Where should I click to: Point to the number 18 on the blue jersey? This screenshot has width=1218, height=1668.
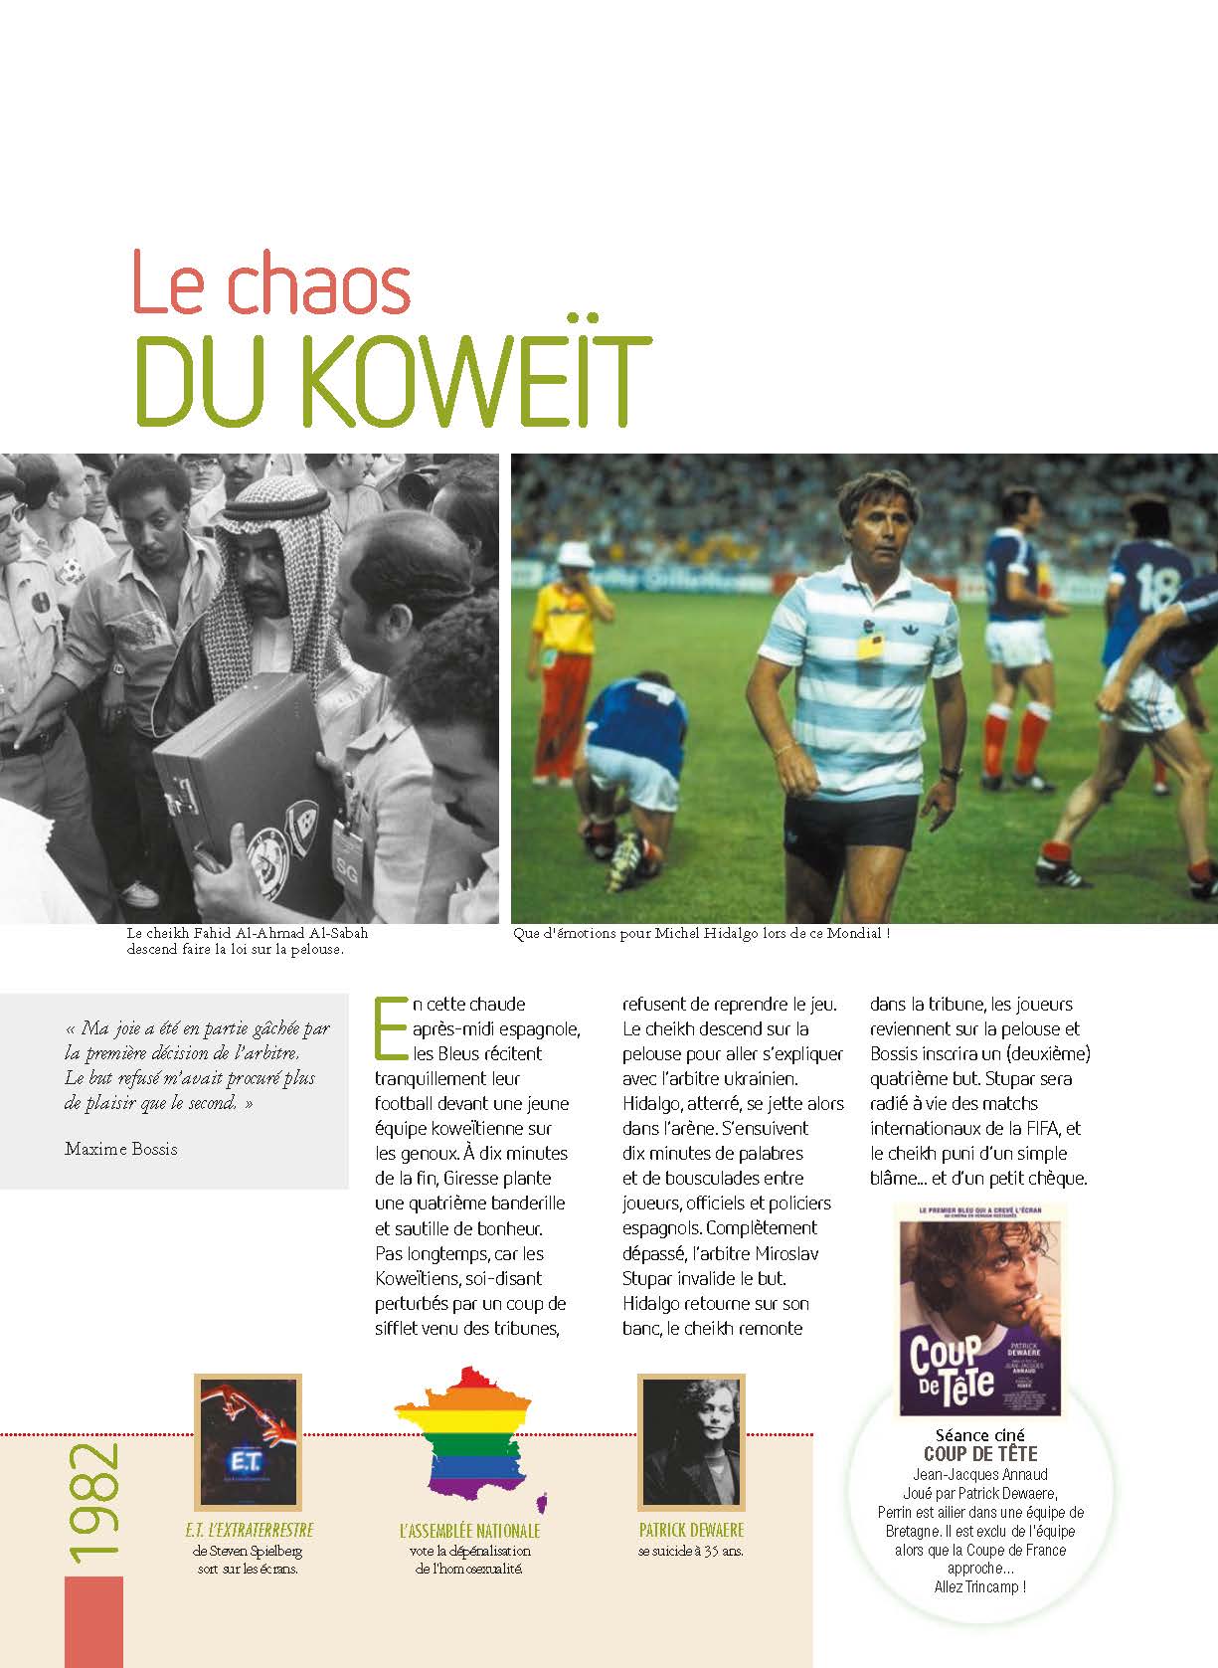[1157, 588]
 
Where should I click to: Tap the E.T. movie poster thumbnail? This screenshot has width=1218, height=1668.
[248, 1441]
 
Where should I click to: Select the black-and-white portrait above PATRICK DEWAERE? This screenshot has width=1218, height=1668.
[691, 1441]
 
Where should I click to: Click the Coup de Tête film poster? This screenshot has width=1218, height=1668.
[979, 1312]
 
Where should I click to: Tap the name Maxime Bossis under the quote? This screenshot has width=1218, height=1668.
[121, 1149]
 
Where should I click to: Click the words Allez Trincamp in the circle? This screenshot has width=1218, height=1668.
[979, 1586]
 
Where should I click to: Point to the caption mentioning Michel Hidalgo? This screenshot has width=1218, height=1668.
[700, 934]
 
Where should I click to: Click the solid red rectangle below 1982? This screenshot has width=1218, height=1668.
[93, 1621]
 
